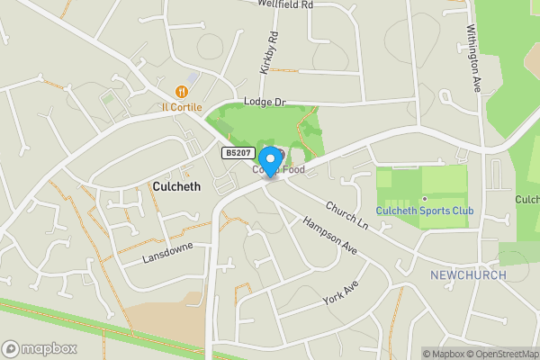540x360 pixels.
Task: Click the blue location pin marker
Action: click(269, 159)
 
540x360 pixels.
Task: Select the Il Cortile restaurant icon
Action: click(182, 90)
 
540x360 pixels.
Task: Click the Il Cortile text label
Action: click(182, 106)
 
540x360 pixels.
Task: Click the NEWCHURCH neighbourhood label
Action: click(468, 274)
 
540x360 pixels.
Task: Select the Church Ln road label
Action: click(347, 214)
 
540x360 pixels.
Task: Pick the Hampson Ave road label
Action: click(329, 235)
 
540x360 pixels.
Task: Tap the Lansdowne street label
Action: click(167, 251)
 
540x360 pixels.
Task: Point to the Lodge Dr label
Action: click(264, 103)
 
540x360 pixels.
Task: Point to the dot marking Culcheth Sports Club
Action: click(424, 199)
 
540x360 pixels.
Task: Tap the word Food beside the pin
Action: click(291, 168)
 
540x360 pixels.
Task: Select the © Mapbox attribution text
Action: click(444, 354)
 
